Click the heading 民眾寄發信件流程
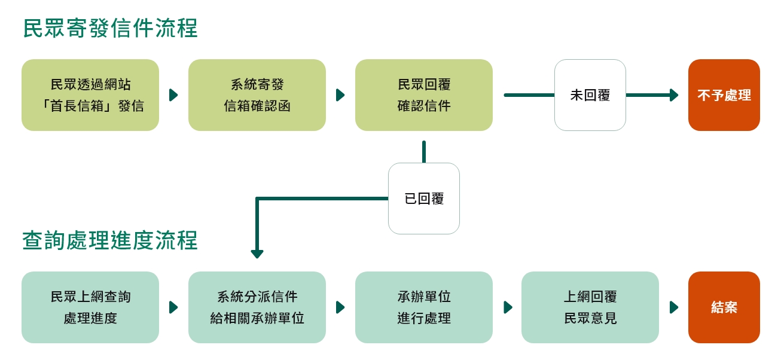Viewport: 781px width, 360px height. pyautogui.click(x=110, y=28)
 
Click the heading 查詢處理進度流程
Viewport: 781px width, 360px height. pyautogui.click(x=110, y=240)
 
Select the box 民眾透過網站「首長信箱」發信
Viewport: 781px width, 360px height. pyautogui.click(x=90, y=95)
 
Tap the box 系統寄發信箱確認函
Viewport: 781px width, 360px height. pyautogui.click(x=257, y=95)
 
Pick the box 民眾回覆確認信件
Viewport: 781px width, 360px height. pyautogui.click(x=424, y=95)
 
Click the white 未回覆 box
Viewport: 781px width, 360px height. pyautogui.click(x=590, y=95)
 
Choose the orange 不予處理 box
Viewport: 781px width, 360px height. pyautogui.click(x=724, y=95)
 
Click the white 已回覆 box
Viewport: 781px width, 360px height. pyautogui.click(x=424, y=199)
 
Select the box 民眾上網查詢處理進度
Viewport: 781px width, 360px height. pyautogui.click(x=90, y=307)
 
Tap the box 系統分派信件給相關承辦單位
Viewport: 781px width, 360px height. pyautogui.click(x=257, y=307)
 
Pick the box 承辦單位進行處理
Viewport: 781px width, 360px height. pyautogui.click(x=424, y=307)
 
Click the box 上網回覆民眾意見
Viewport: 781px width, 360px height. pyautogui.click(x=590, y=307)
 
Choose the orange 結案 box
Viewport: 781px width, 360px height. pyautogui.click(x=724, y=307)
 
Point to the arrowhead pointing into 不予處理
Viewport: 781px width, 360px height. pyautogui.click(x=675, y=95)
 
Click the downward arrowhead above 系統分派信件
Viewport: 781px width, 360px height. pyautogui.click(x=257, y=254)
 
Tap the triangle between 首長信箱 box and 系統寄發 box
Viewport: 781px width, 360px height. pyautogui.click(x=173, y=95)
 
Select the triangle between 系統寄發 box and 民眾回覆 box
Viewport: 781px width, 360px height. pyautogui.click(x=340, y=95)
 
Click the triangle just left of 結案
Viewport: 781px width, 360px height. pyautogui.click(x=674, y=307)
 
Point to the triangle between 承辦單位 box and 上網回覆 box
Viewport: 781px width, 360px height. pyautogui.click(x=508, y=307)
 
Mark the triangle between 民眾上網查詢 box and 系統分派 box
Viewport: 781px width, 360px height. pyautogui.click(x=173, y=307)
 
